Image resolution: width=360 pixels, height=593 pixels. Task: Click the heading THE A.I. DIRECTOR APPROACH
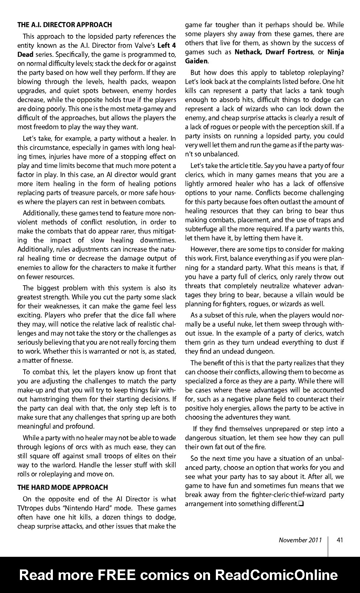[64, 25]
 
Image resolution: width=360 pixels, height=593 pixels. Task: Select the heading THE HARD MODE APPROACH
[63, 487]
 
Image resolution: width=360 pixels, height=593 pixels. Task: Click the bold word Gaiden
[196, 61]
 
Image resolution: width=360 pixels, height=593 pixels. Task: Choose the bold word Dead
[25, 54]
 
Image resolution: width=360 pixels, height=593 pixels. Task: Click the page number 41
[340, 540]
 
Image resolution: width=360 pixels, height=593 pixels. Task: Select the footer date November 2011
[300, 540]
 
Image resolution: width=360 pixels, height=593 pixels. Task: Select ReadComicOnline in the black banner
[277, 575]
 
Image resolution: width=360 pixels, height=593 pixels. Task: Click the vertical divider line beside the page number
[328, 546]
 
